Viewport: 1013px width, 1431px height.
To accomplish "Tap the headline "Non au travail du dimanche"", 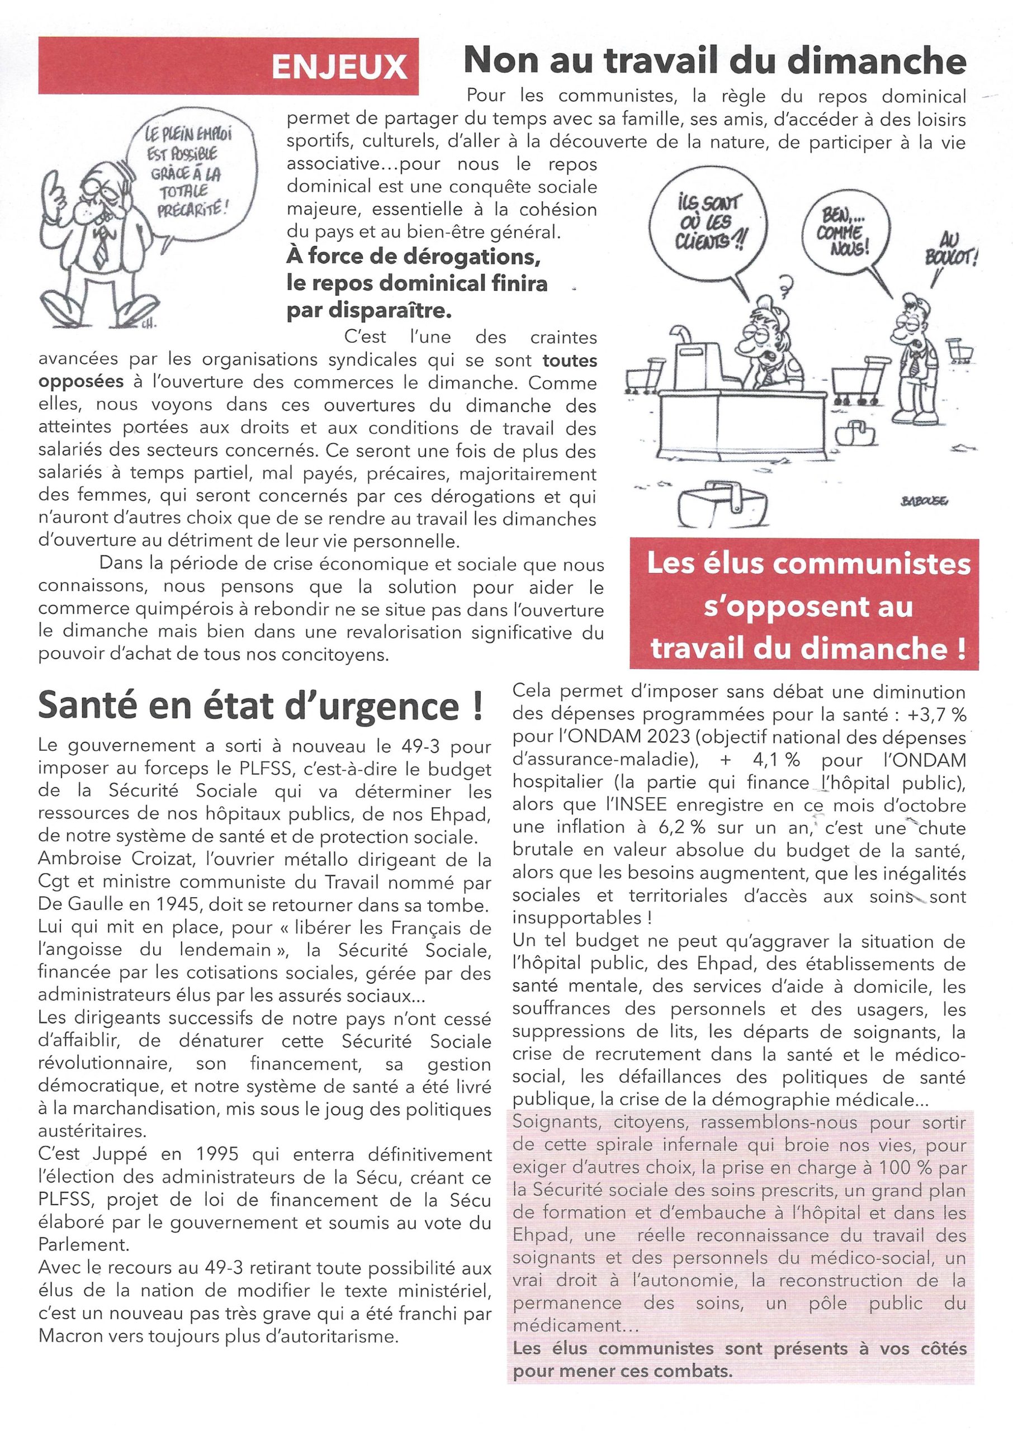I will tap(715, 61).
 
